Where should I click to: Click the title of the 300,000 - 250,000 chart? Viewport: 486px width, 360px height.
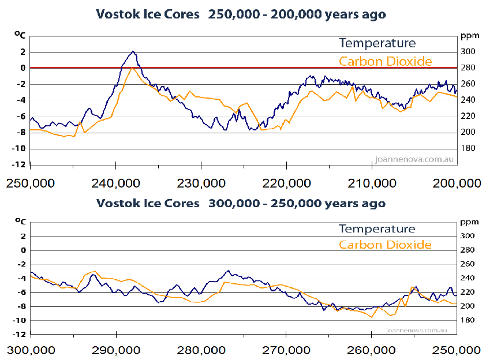(241, 204)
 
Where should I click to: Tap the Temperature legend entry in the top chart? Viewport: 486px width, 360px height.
(377, 43)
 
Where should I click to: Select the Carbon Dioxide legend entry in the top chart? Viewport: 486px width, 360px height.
(385, 61)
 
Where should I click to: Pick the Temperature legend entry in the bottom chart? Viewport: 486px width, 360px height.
(377, 228)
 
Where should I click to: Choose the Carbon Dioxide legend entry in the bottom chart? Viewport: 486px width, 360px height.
(385, 245)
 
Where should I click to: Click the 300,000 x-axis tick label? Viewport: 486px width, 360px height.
(31, 350)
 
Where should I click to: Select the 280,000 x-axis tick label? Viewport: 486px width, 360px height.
(201, 350)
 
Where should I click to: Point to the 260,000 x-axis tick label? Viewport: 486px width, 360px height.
(372, 350)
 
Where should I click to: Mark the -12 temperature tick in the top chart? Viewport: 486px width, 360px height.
(20, 165)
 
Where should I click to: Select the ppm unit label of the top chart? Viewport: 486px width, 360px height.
(468, 36)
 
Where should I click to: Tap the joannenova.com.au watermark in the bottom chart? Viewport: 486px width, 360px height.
(412, 331)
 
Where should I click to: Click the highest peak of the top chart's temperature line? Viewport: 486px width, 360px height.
(133, 51)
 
